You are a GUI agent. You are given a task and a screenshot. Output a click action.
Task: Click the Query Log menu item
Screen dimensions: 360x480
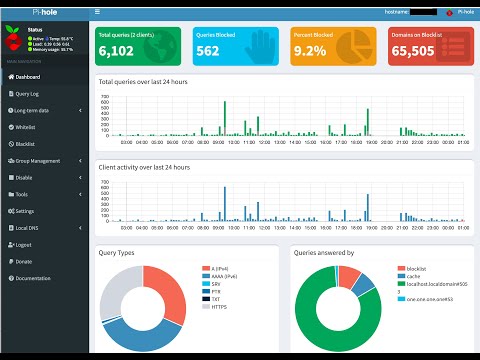pyautogui.click(x=29, y=93)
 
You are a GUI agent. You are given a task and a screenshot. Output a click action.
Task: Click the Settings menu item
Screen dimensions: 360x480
pyautogui.click(x=25, y=211)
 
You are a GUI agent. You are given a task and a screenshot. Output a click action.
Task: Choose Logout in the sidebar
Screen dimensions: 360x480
pyautogui.click(x=24, y=244)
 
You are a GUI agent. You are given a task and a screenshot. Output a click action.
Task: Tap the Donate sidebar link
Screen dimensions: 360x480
pyautogui.click(x=24, y=261)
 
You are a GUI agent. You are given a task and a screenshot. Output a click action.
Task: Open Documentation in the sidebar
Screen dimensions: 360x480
pyautogui.click(x=33, y=278)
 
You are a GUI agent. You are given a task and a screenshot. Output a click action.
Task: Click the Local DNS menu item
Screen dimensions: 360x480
pyautogui.click(x=27, y=228)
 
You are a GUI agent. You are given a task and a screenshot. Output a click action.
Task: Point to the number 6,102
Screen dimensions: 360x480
pyautogui.click(x=116, y=51)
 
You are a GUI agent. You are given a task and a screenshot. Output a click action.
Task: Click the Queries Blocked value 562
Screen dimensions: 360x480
pyautogui.click(x=208, y=51)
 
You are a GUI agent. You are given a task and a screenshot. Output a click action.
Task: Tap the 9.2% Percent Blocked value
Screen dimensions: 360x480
pyautogui.click(x=311, y=51)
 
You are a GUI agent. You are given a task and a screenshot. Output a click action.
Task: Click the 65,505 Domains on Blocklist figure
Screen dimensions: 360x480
pyautogui.click(x=412, y=51)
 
